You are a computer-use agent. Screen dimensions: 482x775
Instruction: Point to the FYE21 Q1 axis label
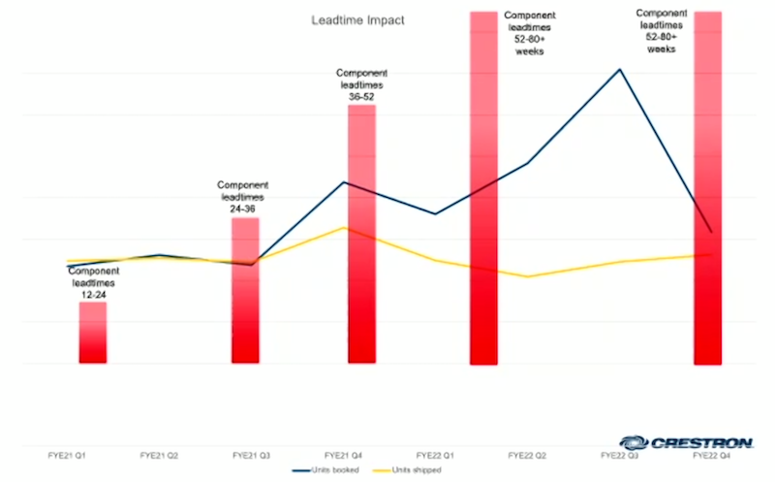coord(67,453)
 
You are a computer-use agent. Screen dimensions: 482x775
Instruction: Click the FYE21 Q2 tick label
coord(159,453)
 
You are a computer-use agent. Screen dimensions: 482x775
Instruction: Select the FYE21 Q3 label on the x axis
coord(252,453)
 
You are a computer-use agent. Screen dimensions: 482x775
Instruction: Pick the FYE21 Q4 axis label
coord(344,453)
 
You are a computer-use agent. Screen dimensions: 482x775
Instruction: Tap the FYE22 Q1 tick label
coord(436,453)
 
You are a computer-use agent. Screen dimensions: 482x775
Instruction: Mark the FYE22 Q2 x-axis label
coord(528,453)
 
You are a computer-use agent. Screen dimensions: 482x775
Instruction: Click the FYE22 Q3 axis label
coord(620,453)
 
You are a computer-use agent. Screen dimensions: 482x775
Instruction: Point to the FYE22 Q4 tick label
coord(712,453)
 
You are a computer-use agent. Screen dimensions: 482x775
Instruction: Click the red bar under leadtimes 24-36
coord(245,291)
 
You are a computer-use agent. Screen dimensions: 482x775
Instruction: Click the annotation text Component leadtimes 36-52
coord(361,84)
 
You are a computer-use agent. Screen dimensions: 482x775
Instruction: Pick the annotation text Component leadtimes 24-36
coord(243,197)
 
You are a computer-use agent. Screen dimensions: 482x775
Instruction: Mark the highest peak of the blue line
coord(620,69)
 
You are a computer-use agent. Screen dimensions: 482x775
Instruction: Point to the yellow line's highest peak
coord(344,227)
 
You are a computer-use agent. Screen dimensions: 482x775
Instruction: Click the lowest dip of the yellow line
coord(528,276)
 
